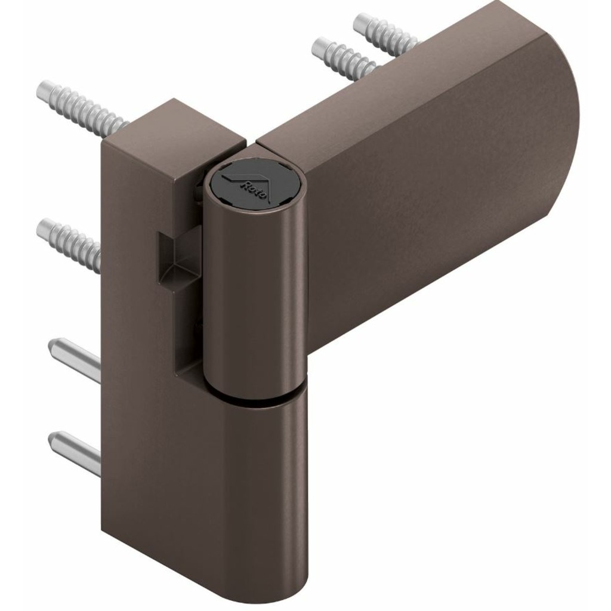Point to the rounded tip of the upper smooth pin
pyautogui.click(x=54, y=345)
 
